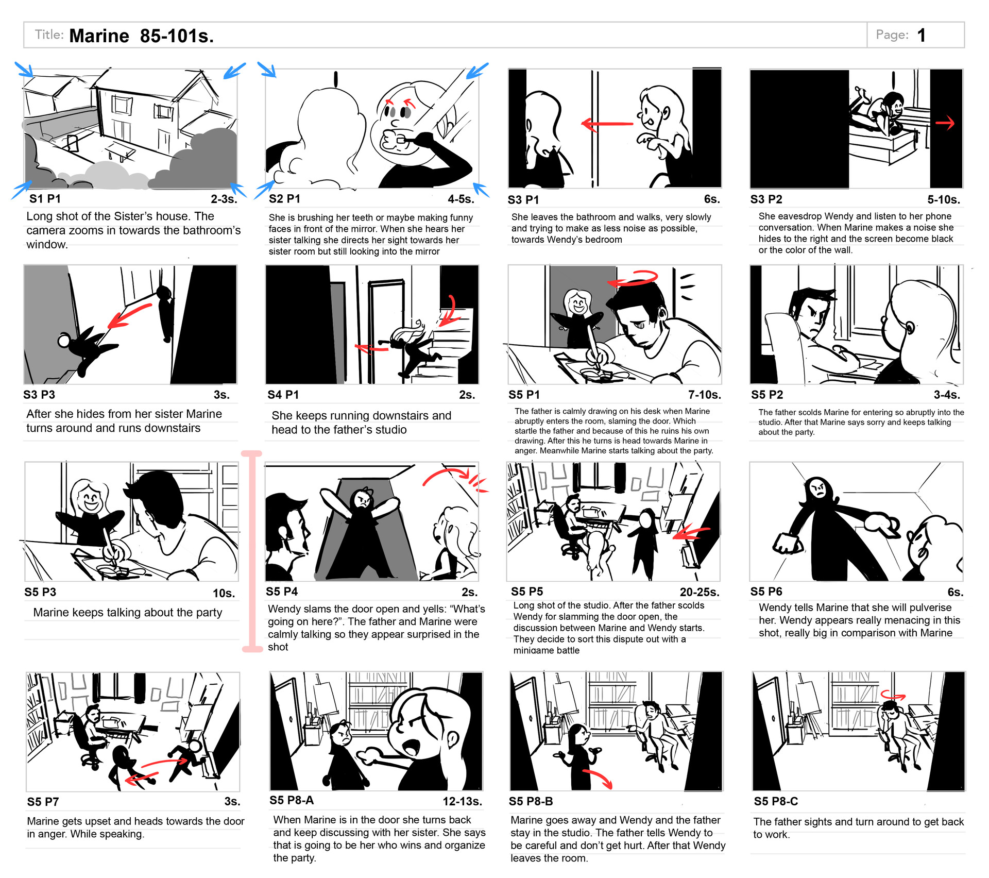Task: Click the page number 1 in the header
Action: click(922, 35)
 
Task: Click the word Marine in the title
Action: click(99, 36)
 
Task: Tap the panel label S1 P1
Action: click(45, 199)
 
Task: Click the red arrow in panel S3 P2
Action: click(945, 123)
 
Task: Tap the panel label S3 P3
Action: click(39, 395)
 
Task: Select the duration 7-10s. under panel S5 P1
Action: click(705, 395)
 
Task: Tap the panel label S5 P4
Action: click(282, 592)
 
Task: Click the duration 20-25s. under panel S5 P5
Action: click(700, 592)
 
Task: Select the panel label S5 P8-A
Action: click(292, 800)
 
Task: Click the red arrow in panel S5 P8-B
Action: click(598, 779)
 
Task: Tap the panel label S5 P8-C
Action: click(776, 801)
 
